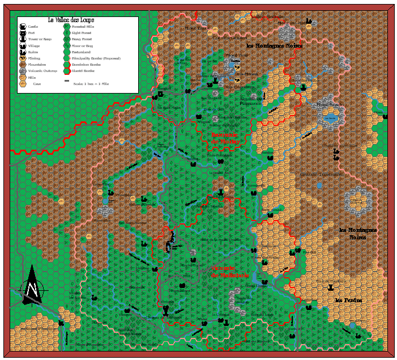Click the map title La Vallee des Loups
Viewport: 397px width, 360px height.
pyautogui.click(x=71, y=20)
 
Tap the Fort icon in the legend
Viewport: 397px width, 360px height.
pyautogui.click(x=22, y=33)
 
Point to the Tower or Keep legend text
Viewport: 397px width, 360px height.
pyautogui.click(x=40, y=39)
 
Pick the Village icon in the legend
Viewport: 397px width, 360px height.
pyautogui.click(x=22, y=45)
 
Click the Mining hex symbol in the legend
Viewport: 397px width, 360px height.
pyautogui.click(x=22, y=58)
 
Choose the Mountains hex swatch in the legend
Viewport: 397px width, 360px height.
pyautogui.click(x=22, y=64)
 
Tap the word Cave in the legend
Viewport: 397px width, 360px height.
pyautogui.click(x=37, y=83)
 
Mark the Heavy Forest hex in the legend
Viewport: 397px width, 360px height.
pyautogui.click(x=67, y=39)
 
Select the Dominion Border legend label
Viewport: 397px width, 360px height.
pyautogui.click(x=86, y=65)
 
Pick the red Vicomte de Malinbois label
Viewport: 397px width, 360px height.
pyautogui.click(x=229, y=272)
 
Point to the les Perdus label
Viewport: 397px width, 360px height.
pyautogui.click(x=348, y=300)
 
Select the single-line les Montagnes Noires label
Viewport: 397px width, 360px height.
pyautogui.click(x=274, y=46)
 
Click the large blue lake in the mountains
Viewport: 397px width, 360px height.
pyautogui.click(x=330, y=118)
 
